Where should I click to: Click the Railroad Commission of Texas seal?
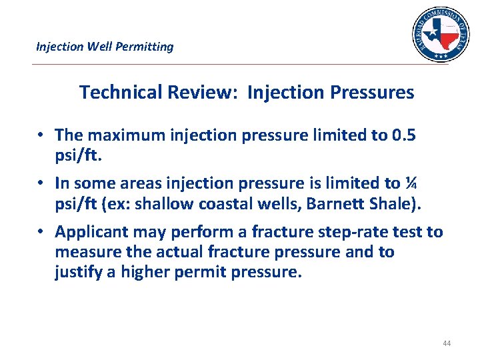[x=440, y=35]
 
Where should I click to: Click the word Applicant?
[x=89, y=232]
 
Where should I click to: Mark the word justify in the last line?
[x=77, y=272]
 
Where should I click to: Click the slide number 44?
[x=446, y=343]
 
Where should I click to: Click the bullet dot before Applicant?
[x=41, y=232]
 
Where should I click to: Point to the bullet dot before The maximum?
[x=41, y=135]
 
